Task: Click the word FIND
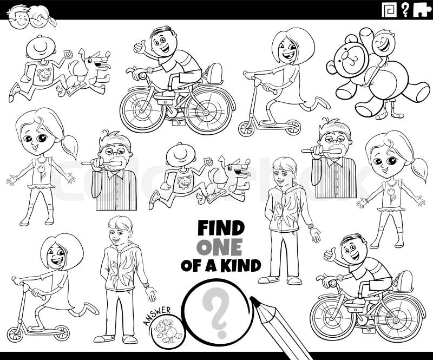pyautogui.click(x=221, y=228)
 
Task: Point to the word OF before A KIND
pyautogui.click(x=192, y=265)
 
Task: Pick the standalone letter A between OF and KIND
pyautogui.click(x=210, y=265)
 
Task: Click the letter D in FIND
pyautogui.click(x=238, y=228)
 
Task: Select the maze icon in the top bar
pyautogui.click(x=389, y=10)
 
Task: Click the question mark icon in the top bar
pyautogui.click(x=405, y=10)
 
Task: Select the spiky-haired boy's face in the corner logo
pyautogui.click(x=20, y=17)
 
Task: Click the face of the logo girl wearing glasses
pyautogui.click(x=39, y=19)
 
